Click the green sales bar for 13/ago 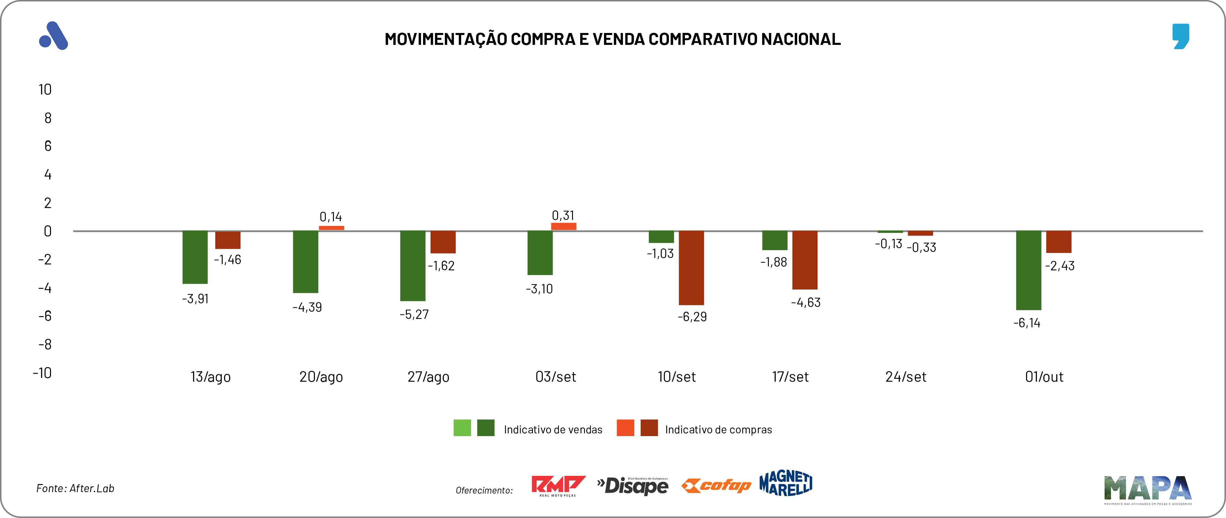tap(195, 257)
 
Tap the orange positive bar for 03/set tap(564, 226)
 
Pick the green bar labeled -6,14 tap(1028, 270)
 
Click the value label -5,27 tap(414, 314)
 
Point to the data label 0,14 tap(331, 217)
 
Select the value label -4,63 tap(806, 303)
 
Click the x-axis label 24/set tap(906, 377)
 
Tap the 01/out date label tap(1044, 377)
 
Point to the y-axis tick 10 tap(45, 89)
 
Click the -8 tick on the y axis tap(45, 344)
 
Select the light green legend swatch tap(462, 428)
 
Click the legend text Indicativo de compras tap(718, 430)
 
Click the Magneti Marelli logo tap(786, 483)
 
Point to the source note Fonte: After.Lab tap(75, 488)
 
